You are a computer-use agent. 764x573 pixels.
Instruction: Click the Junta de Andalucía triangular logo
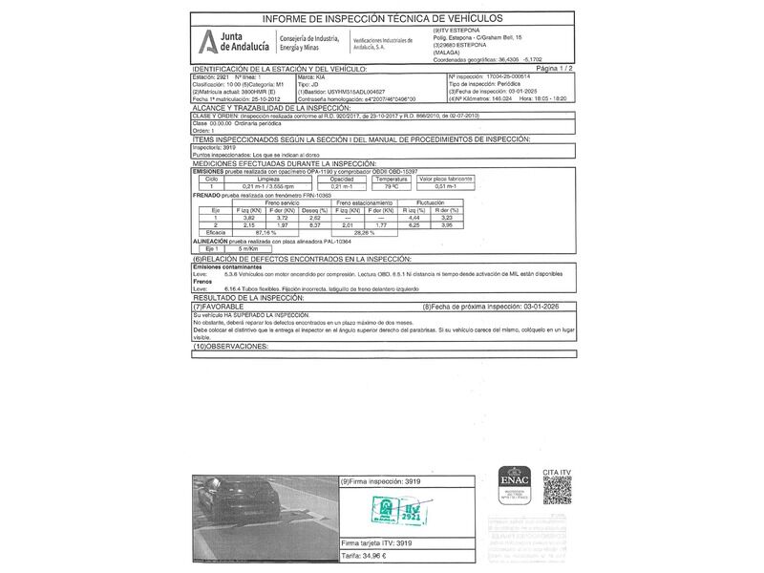click(207, 42)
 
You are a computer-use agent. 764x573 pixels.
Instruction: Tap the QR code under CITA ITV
click(558, 487)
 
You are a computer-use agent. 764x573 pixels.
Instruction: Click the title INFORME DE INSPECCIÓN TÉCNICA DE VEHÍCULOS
click(382, 18)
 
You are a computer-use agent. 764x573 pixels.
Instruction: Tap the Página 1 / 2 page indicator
click(555, 70)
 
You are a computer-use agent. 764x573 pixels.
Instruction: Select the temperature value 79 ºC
click(391, 186)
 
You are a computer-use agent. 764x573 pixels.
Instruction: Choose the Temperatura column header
click(391, 179)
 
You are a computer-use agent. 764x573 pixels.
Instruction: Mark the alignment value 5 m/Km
click(252, 249)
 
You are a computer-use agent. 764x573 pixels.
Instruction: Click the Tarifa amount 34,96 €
click(364, 555)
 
